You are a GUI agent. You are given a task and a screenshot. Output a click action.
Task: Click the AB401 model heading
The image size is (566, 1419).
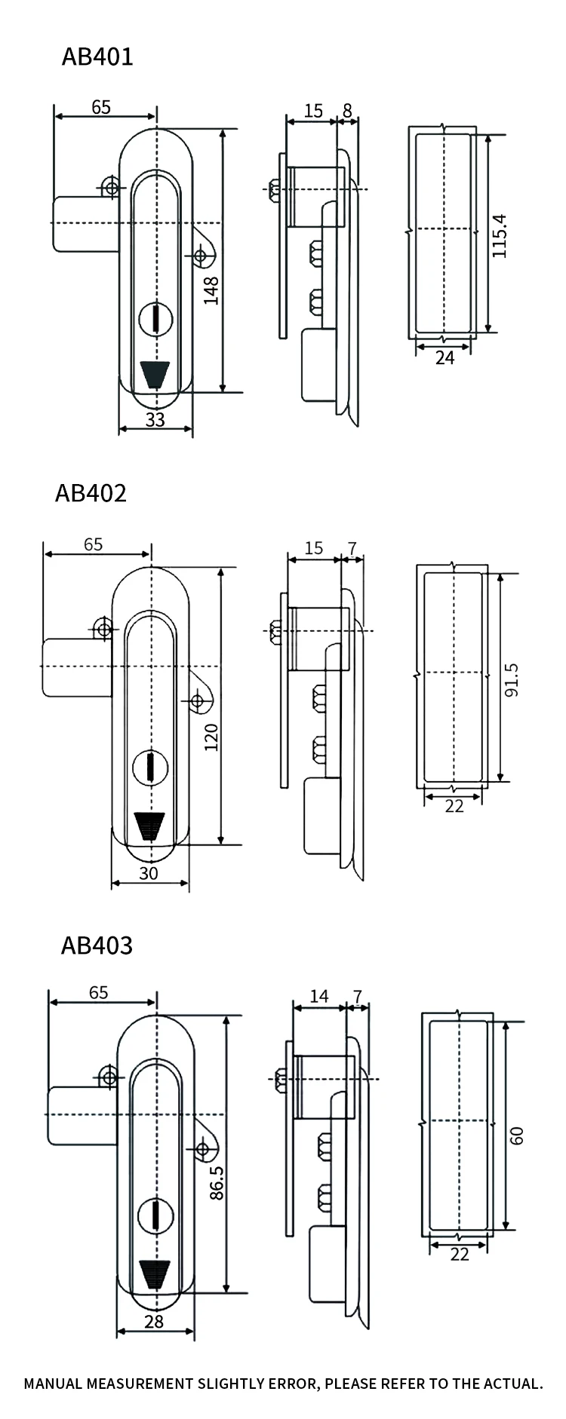[x=97, y=57]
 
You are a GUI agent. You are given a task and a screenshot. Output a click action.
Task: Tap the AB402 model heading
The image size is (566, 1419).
[x=91, y=493]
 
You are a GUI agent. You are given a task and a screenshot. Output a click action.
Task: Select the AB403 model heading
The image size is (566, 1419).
[x=97, y=945]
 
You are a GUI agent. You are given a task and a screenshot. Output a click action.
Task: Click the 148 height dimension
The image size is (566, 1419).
[x=211, y=290]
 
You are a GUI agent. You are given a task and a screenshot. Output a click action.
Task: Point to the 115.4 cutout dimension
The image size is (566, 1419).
[x=500, y=236]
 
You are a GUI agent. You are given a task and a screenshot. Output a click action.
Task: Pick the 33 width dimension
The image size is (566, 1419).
[x=155, y=419]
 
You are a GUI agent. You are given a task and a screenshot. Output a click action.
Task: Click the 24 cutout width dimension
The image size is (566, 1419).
[x=444, y=357]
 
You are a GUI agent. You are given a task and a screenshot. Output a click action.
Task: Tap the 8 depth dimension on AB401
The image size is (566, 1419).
[x=347, y=111]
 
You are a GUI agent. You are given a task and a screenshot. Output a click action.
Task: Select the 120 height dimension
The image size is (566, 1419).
[x=211, y=737]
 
